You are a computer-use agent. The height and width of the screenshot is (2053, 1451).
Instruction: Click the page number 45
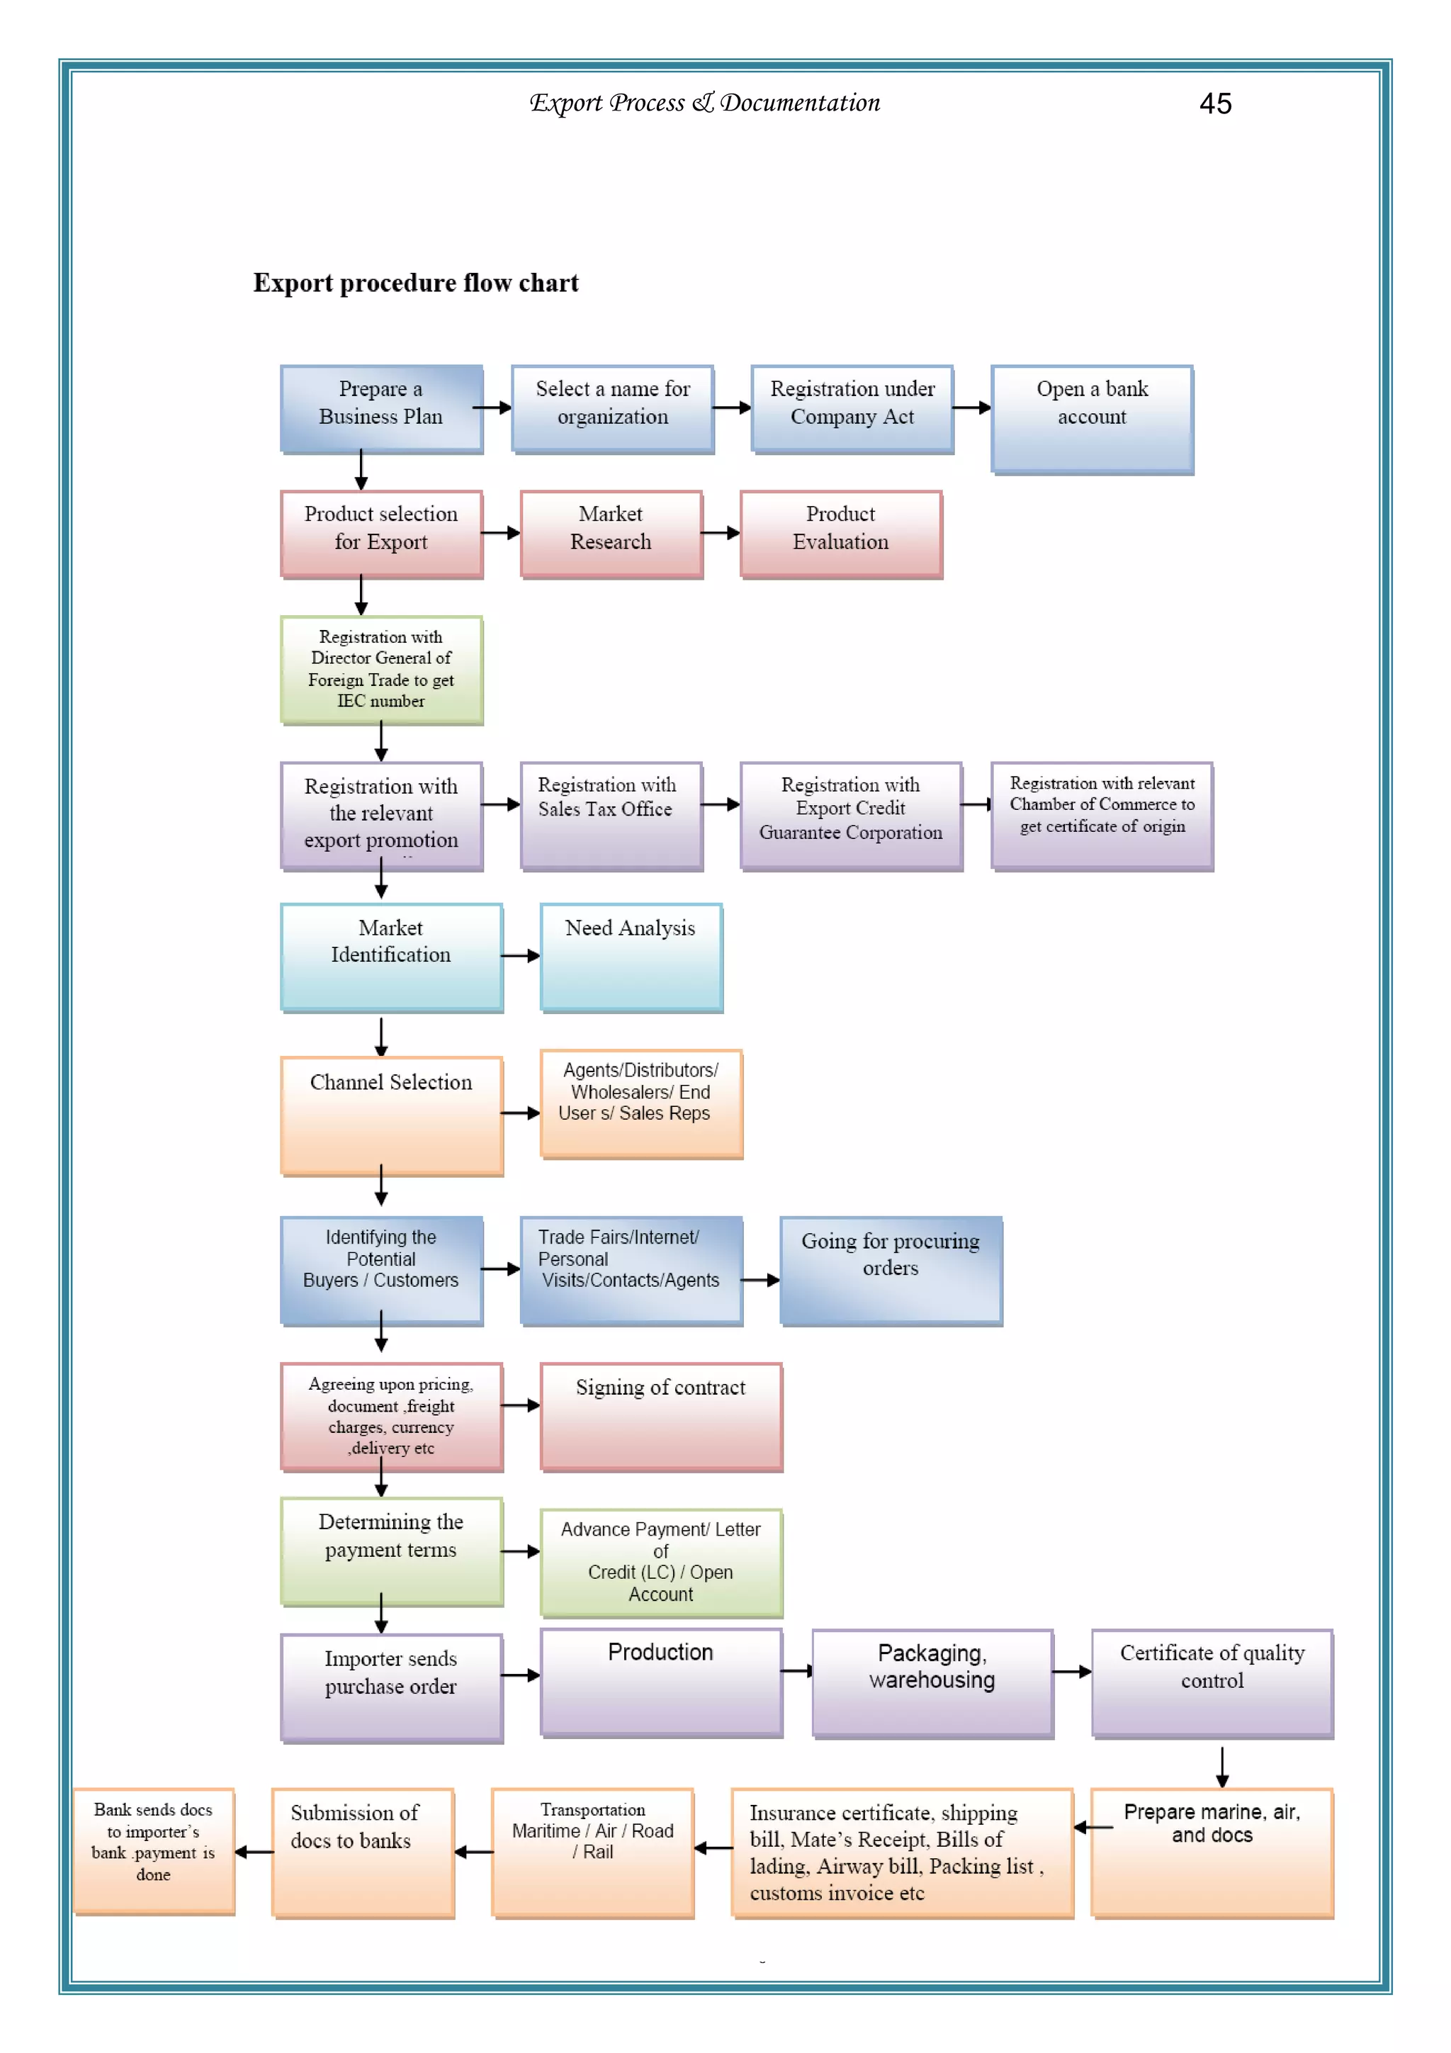(1214, 103)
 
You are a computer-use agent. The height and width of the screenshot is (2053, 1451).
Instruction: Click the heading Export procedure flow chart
(416, 283)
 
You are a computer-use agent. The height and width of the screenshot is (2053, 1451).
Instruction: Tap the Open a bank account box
(1092, 419)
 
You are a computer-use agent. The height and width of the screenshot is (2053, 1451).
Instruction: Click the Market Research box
(611, 533)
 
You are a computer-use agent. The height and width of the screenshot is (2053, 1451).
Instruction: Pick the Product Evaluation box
(840, 533)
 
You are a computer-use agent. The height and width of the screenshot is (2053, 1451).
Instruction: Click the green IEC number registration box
(381, 669)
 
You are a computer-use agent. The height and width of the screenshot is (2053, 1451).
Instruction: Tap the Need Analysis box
(631, 956)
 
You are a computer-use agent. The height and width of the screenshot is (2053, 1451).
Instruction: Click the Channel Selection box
(390, 1114)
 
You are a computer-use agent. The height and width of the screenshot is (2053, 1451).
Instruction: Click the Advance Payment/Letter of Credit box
(661, 1561)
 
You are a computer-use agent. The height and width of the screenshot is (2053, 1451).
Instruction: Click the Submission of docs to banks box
(362, 1851)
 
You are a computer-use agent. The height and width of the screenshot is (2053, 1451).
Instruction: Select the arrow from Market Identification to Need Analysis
(520, 956)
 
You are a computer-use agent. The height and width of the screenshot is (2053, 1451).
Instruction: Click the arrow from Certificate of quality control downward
(1221, 1766)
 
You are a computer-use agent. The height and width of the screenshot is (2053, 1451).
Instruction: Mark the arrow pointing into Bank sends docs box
(254, 1852)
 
